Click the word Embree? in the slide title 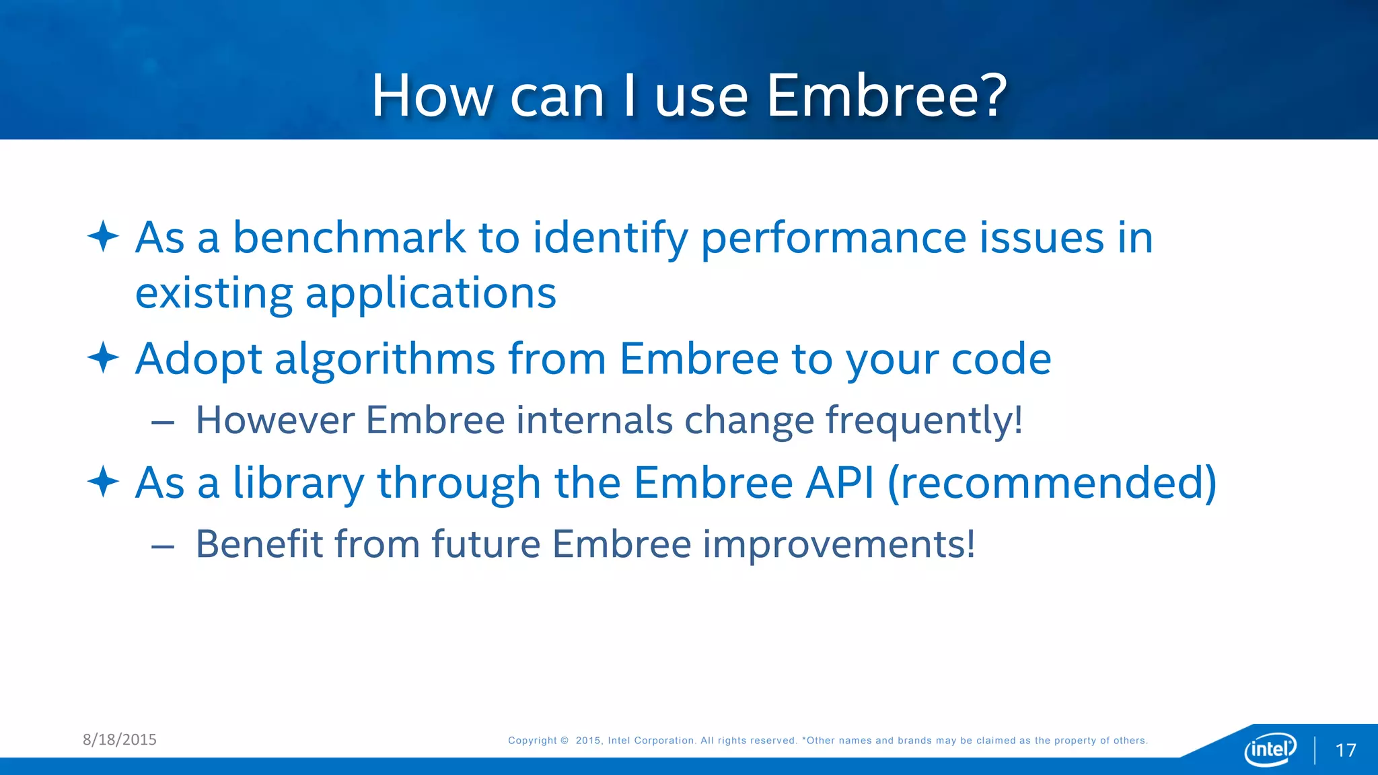coord(886,96)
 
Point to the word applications coord(431,294)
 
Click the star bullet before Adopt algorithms coord(103,357)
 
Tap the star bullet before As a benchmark coord(103,236)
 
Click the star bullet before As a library coord(103,482)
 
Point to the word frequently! coord(924,420)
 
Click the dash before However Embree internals coord(163,422)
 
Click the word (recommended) coord(1052,483)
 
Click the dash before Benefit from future coord(163,546)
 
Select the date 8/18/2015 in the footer coord(120,739)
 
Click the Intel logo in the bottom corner coord(1270,749)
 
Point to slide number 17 coord(1345,750)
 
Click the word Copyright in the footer coord(532,741)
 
